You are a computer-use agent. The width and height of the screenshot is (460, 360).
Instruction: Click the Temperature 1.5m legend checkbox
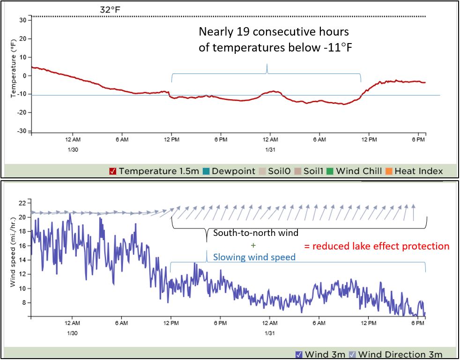point(112,171)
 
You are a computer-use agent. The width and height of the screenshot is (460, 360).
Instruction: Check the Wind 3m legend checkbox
point(299,354)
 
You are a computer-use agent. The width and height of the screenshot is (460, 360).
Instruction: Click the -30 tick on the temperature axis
point(22,131)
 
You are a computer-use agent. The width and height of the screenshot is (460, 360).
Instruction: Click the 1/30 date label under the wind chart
point(72,332)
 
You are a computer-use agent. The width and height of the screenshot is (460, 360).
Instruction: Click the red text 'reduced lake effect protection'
point(377,246)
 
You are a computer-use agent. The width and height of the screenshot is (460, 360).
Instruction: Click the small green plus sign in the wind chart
point(253,245)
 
